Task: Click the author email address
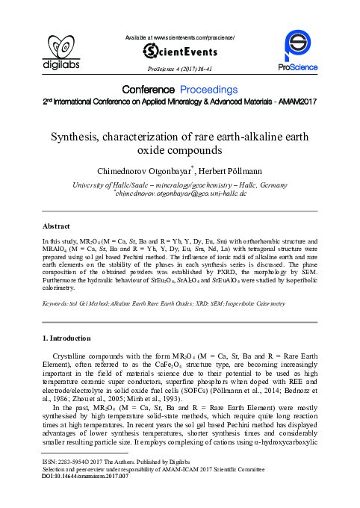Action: pos(179,193)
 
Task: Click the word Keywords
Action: pos(57,304)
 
